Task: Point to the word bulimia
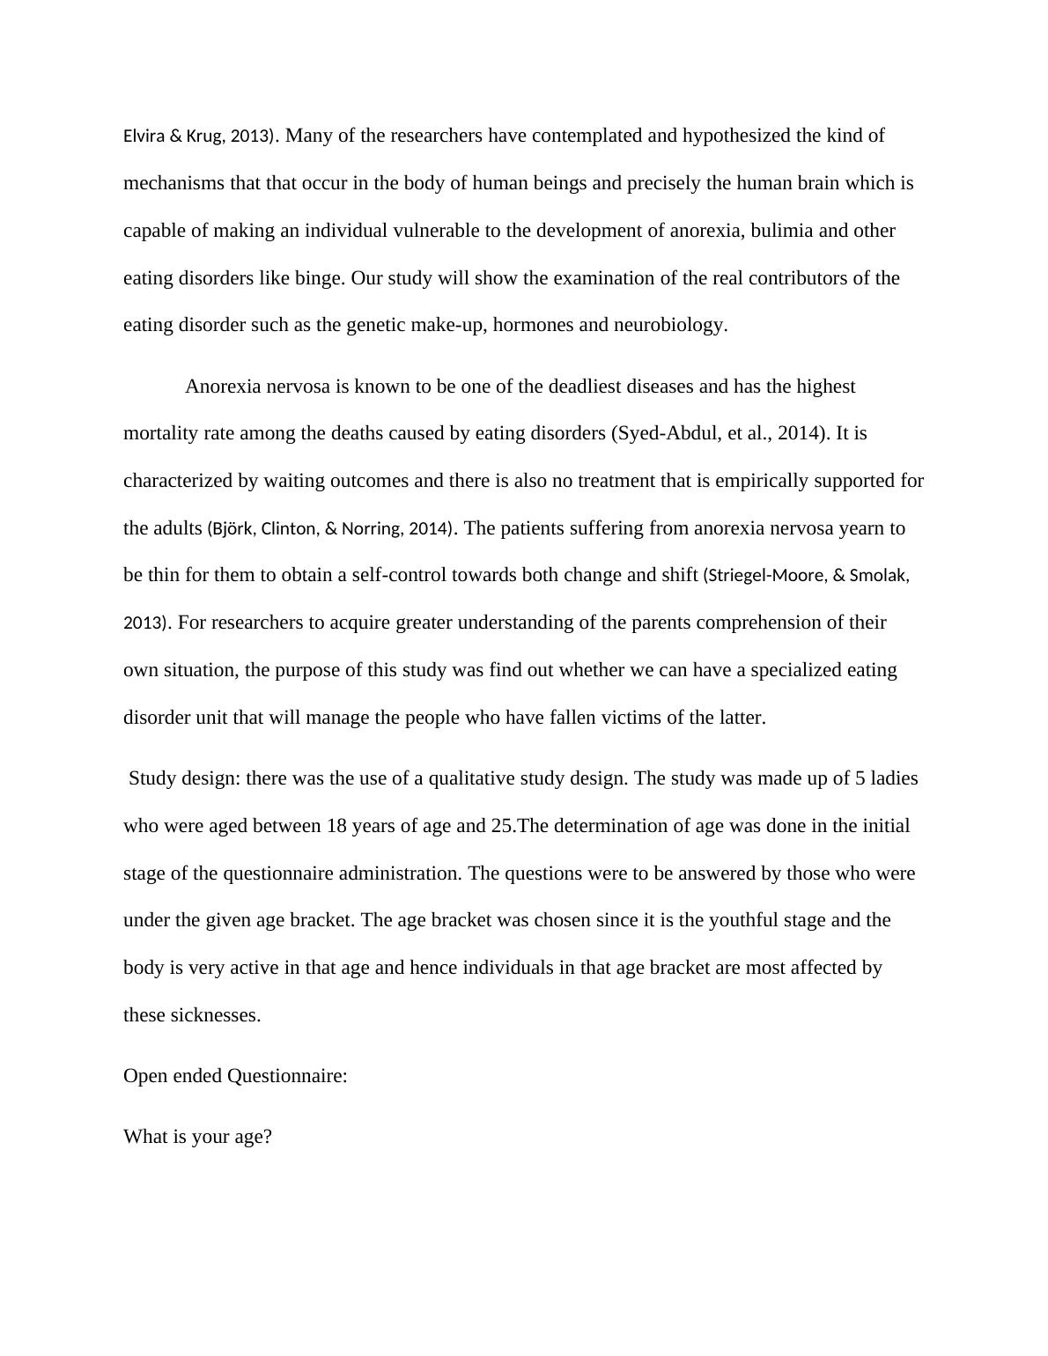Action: click(782, 231)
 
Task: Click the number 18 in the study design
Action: click(336, 826)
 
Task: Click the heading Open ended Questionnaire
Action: click(235, 1076)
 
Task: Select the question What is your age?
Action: click(197, 1137)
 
